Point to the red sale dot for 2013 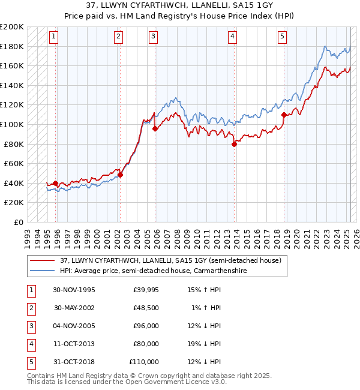(x=235, y=144)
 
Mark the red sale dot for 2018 (x=284, y=115)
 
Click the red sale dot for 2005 (x=155, y=128)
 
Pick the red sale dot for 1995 (x=56, y=183)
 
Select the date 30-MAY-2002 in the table (x=75, y=308)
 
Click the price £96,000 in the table (x=146, y=326)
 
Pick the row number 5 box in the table (x=31, y=362)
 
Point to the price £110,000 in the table (x=144, y=362)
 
